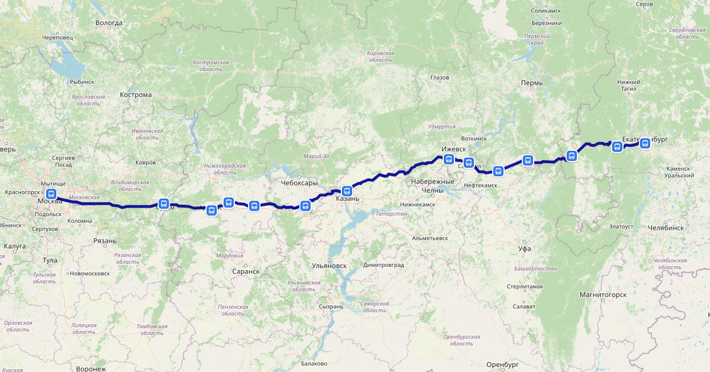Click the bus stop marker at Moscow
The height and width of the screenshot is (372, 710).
51,193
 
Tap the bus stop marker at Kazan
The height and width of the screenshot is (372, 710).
347,190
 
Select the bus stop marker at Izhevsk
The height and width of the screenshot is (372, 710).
448,159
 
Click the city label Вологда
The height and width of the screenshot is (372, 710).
109,22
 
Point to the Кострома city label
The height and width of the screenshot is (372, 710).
135,95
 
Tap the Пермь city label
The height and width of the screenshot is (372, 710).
532,83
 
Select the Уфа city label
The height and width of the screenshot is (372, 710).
524,248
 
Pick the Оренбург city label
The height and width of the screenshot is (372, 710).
502,364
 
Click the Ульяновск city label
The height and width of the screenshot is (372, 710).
329,266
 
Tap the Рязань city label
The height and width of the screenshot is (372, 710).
105,241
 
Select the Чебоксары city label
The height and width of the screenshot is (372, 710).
299,183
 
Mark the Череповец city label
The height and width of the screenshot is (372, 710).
57,37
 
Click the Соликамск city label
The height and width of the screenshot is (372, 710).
546,11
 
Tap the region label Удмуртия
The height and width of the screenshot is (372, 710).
442,127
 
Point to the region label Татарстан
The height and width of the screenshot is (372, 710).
391,214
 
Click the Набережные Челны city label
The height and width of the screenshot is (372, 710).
433,185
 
